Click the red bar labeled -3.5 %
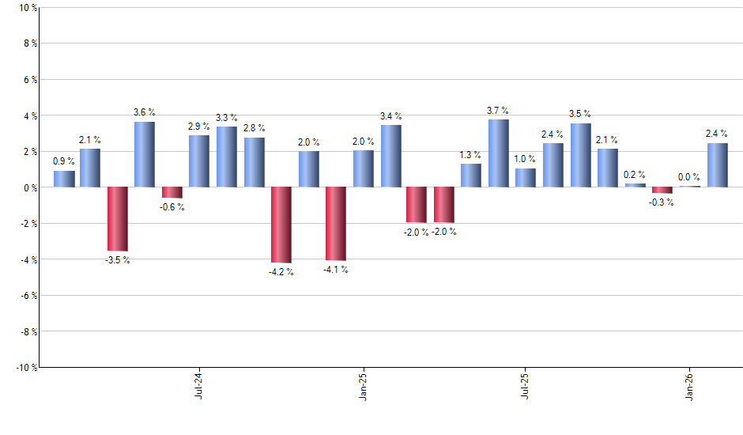(118, 219)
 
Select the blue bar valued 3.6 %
(145, 154)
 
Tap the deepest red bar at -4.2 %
(281, 225)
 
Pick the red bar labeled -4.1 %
(336, 224)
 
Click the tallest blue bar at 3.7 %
(499, 153)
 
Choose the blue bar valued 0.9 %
(64, 179)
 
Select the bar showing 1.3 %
(471, 176)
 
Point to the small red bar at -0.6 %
(172, 192)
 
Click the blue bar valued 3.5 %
(581, 155)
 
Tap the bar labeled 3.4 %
(391, 156)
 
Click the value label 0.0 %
(689, 177)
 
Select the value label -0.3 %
(662, 202)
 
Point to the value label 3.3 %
(227, 118)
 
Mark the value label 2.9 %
(199, 127)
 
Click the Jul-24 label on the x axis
(198, 384)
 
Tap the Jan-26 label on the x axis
(689, 384)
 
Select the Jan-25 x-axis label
(363, 384)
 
